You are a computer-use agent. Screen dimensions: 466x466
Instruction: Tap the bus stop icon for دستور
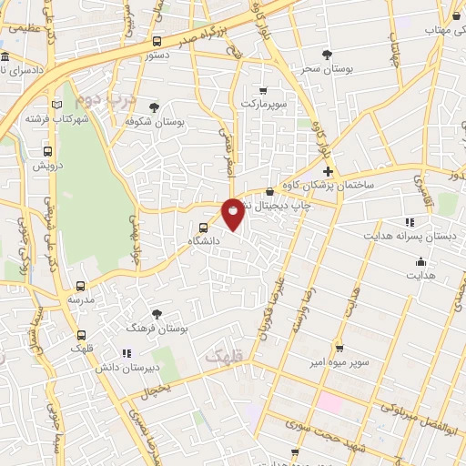pyautogui.click(x=157, y=41)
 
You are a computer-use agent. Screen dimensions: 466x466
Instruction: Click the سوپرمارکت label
pyautogui.click(x=263, y=104)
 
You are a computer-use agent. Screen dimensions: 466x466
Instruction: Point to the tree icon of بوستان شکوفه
pyautogui.click(x=154, y=107)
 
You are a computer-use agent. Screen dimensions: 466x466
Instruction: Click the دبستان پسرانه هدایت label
pyautogui.click(x=422, y=236)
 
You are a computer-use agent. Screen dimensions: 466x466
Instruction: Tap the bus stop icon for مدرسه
pyautogui.click(x=81, y=285)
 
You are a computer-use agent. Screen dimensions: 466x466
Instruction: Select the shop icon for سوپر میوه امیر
pyautogui.click(x=339, y=348)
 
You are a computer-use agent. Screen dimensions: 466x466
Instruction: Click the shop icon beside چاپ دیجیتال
pyautogui.click(x=270, y=191)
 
